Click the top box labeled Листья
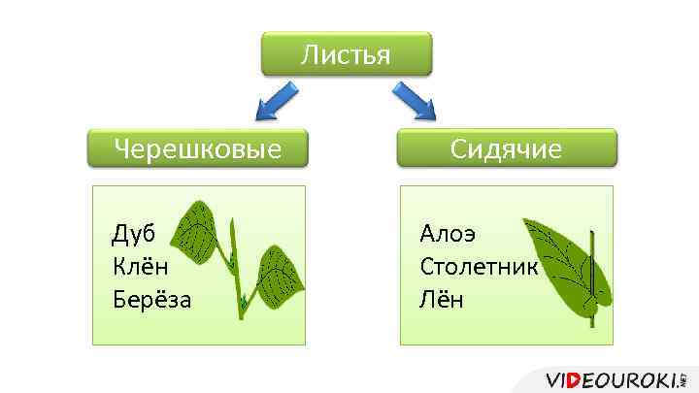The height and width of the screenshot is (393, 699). click(x=345, y=55)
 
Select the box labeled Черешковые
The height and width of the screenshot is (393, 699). click(x=197, y=149)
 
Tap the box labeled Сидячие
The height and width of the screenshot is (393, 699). click(x=506, y=149)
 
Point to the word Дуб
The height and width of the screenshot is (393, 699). click(x=134, y=234)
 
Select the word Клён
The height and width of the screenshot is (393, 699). click(x=141, y=266)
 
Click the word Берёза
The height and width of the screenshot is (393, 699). click(x=151, y=298)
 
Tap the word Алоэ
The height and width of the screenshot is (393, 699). click(x=448, y=234)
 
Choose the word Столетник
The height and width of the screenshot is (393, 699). click(x=478, y=266)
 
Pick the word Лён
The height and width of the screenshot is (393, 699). click(x=442, y=298)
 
